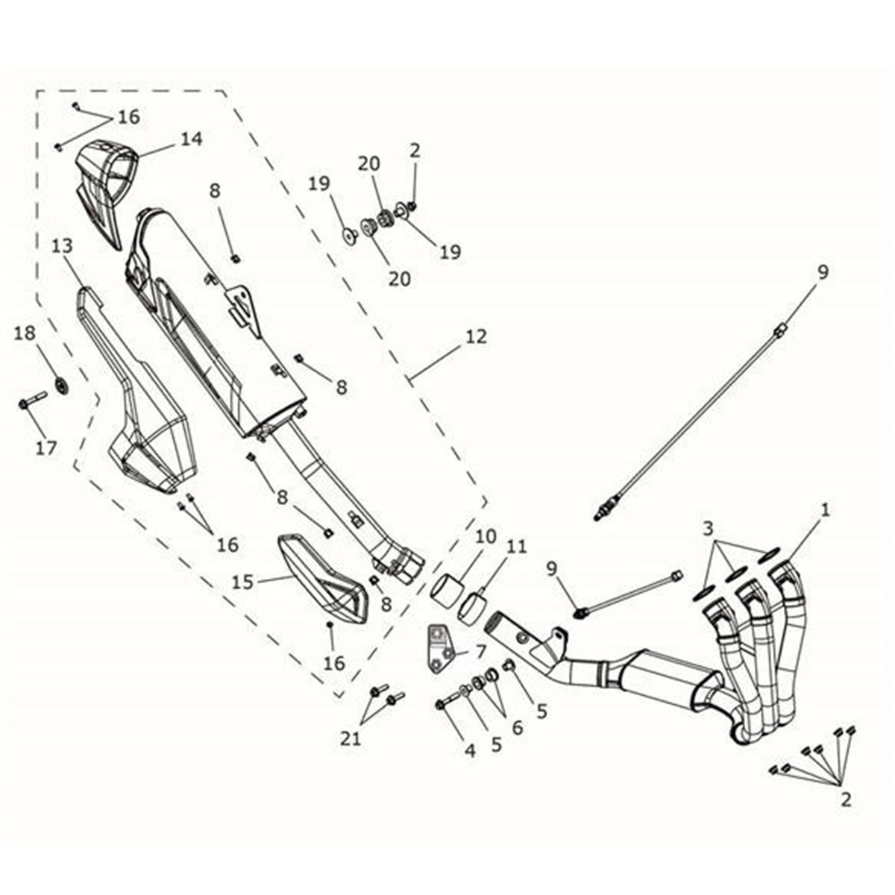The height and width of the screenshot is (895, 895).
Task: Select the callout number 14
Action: coord(190,139)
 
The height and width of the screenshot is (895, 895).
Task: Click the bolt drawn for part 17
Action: coord(31,405)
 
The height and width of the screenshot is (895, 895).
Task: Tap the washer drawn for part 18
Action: coord(60,386)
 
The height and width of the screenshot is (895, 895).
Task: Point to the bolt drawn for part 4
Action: coord(445,703)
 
